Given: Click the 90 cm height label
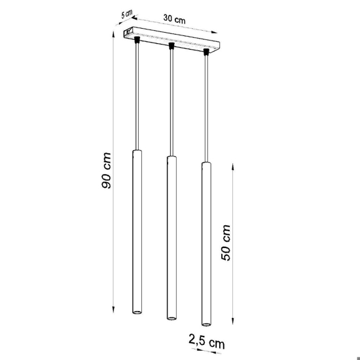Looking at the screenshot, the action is [106, 170].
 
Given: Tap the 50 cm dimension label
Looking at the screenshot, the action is [226, 243].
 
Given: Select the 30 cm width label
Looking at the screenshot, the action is [175, 18].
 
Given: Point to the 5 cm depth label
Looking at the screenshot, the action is [126, 14].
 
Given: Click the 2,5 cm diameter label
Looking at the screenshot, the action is [206, 341].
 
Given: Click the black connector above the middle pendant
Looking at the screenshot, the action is [171, 46].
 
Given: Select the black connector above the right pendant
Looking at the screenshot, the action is [206, 52].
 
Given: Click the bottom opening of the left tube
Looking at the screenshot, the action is [137, 312].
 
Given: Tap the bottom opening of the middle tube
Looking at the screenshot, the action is [171, 318].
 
